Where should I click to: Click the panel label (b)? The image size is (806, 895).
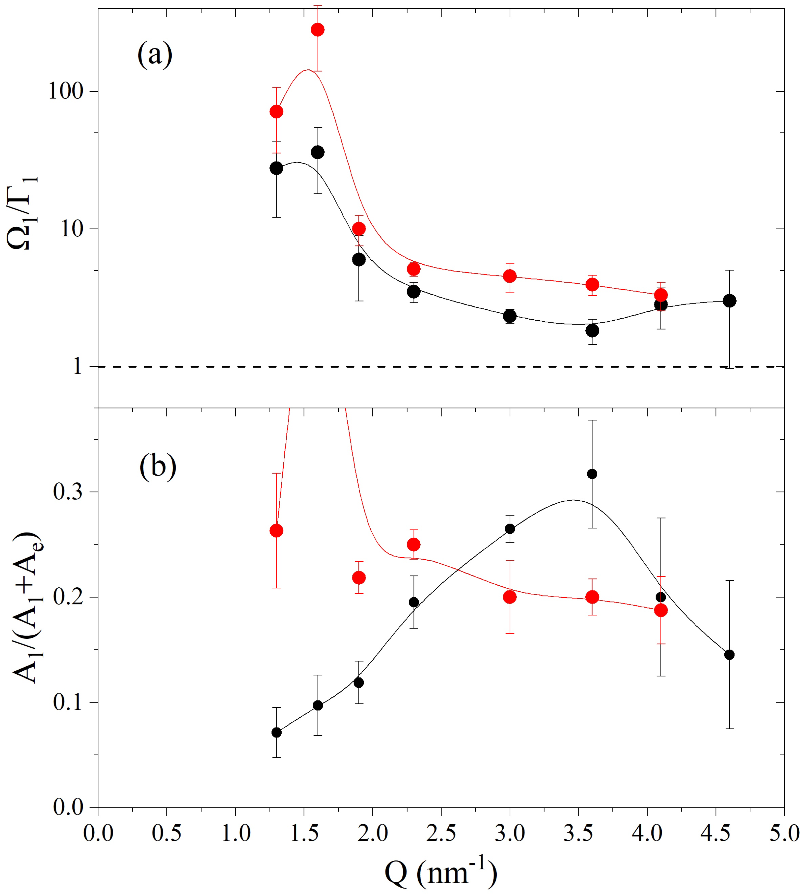click(158, 467)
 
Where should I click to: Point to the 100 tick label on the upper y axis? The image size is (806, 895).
click(66, 92)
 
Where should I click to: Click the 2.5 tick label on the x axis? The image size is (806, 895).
click(441, 833)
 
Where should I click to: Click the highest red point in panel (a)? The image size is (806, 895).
click(318, 30)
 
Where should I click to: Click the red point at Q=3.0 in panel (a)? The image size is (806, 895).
click(510, 276)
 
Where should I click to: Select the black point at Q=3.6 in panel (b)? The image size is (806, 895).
click(592, 474)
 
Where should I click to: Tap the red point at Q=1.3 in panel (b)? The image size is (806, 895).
click(276, 531)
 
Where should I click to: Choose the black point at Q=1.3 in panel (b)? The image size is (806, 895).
click(276, 732)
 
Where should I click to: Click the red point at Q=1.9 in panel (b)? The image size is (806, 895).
click(359, 578)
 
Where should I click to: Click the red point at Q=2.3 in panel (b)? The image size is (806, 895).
click(414, 544)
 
